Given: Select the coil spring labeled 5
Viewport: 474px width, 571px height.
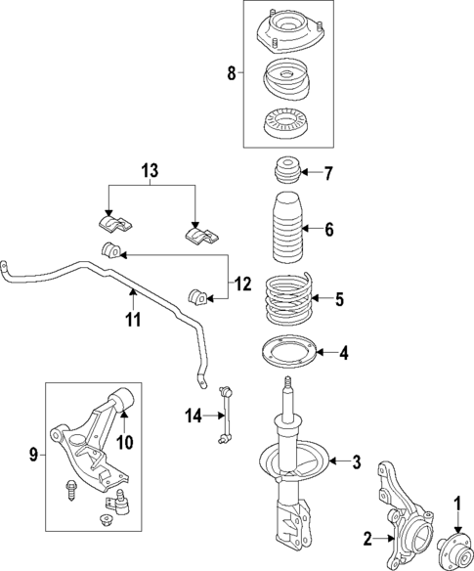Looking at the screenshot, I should pyautogui.click(x=290, y=299).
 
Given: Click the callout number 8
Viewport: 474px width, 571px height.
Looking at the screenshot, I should pyautogui.click(x=231, y=73).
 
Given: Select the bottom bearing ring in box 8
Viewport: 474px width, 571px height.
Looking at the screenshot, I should pyautogui.click(x=286, y=126).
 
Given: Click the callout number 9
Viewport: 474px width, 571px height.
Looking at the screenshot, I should pyautogui.click(x=34, y=453).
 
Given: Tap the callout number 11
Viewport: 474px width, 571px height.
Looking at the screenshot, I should pyautogui.click(x=132, y=320).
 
